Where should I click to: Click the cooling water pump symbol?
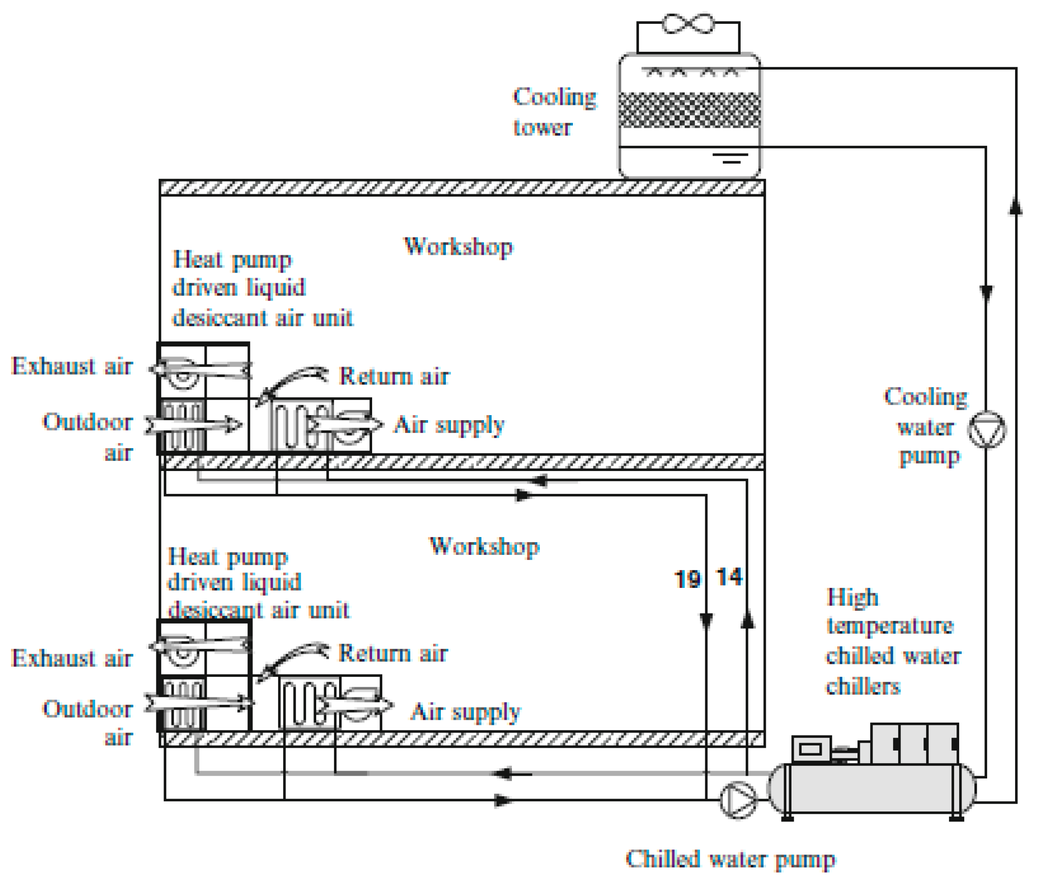coord(986,429)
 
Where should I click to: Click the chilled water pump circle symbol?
coord(737,800)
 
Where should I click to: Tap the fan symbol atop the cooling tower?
coord(687,24)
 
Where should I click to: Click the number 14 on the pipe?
coord(729,576)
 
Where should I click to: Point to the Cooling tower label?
coord(554,111)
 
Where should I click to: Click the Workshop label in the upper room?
coord(458,246)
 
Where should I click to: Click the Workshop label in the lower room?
coord(484,546)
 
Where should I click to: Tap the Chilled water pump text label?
coord(730,859)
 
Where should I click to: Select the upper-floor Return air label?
coord(394,376)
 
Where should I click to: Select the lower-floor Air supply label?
coord(465,711)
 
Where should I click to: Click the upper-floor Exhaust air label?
coord(71,366)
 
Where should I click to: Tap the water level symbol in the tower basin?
coord(731,158)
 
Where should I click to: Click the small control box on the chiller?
coord(810,749)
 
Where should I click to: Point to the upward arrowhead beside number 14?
coord(747,619)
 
